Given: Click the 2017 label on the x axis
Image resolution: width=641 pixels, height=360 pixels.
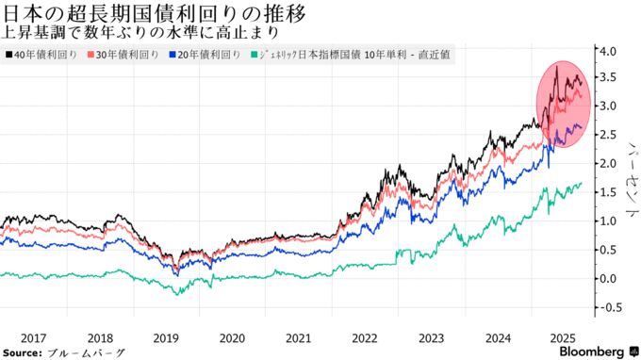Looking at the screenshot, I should click(32, 336).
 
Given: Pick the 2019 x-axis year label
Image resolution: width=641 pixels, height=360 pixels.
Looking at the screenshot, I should click(165, 336).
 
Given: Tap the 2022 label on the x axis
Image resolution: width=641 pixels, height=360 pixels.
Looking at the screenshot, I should click(365, 336).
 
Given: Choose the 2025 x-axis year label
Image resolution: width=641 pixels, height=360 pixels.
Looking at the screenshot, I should click(564, 336).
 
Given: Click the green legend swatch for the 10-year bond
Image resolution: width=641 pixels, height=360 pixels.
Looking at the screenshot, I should click(254, 57).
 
